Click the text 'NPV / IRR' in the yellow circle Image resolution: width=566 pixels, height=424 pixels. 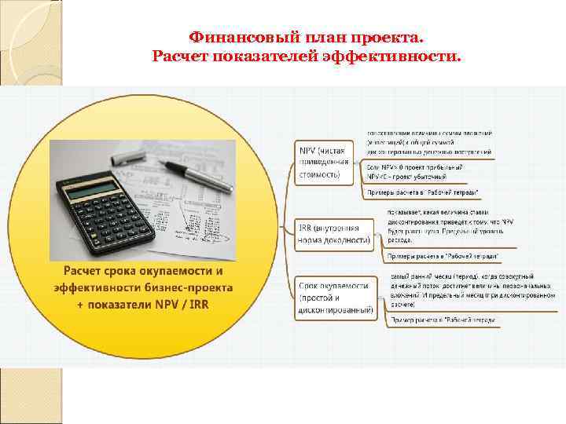click(x=180, y=303)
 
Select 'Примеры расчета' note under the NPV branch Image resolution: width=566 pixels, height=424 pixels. click(x=423, y=192)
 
